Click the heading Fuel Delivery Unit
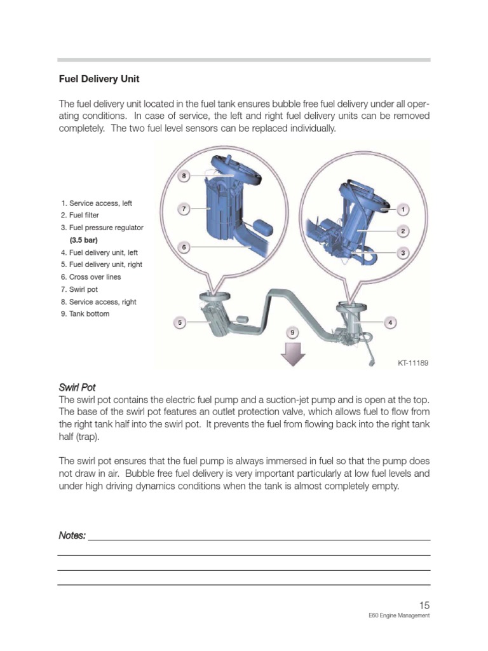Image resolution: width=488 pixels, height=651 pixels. pyautogui.click(x=99, y=79)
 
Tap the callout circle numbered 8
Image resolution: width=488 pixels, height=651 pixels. pyautogui.click(x=184, y=175)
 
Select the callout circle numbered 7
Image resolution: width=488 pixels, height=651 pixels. pyautogui.click(x=184, y=209)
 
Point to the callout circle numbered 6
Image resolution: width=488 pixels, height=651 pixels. pyautogui.click(x=184, y=247)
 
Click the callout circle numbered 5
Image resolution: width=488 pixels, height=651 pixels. pyautogui.click(x=180, y=323)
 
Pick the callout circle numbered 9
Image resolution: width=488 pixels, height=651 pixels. pyautogui.click(x=292, y=332)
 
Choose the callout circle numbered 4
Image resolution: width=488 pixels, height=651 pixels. pyautogui.click(x=390, y=323)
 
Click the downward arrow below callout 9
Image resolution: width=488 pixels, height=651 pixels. pyautogui.click(x=292, y=355)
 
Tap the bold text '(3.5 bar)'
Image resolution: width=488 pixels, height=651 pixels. pyautogui.click(x=83, y=240)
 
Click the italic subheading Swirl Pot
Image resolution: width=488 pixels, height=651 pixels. pyautogui.click(x=77, y=387)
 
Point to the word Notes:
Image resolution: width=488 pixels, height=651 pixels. pyautogui.click(x=72, y=535)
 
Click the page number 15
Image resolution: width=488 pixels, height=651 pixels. pyautogui.click(x=424, y=605)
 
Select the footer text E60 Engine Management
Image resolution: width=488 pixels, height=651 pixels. pyautogui.click(x=399, y=616)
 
